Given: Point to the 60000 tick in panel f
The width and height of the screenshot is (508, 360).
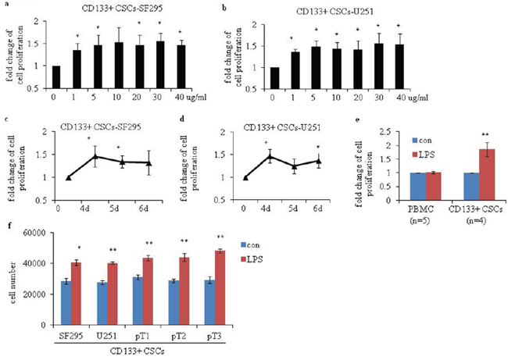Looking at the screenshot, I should (x=45, y=232).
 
